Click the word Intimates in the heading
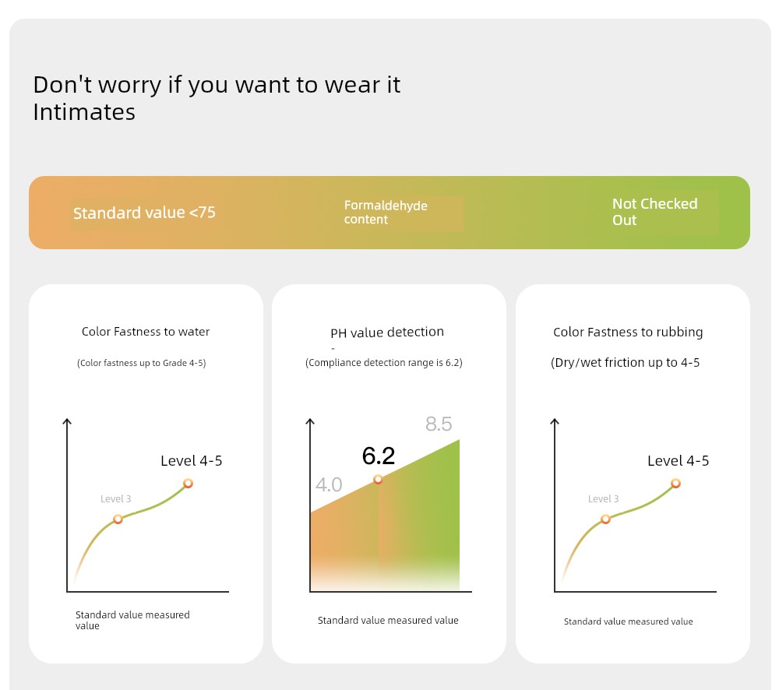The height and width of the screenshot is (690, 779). tap(84, 112)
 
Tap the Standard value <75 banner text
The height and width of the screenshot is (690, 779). tap(144, 213)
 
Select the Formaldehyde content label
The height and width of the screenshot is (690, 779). tap(386, 213)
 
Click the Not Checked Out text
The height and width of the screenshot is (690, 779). tap(654, 212)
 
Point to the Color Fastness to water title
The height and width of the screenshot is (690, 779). tap(146, 331)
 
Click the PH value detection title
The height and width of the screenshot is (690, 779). tap(387, 332)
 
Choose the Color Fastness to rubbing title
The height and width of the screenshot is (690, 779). tap(628, 332)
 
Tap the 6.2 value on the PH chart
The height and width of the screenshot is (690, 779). tap(379, 456)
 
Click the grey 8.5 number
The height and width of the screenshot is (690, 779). tap(439, 424)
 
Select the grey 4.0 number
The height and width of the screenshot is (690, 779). tap(329, 484)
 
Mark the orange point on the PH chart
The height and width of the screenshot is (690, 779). tap(378, 480)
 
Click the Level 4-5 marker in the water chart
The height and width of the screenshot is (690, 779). tap(188, 484)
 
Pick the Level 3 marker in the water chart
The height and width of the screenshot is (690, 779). tap(118, 519)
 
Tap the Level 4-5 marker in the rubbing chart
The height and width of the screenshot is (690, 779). tap(675, 484)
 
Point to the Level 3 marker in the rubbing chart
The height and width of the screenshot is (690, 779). tap(605, 519)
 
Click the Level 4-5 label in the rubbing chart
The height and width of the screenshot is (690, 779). tap(679, 460)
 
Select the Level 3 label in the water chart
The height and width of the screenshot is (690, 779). tap(116, 498)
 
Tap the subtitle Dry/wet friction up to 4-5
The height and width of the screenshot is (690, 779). tap(625, 363)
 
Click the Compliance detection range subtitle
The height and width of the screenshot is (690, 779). tap(383, 363)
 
